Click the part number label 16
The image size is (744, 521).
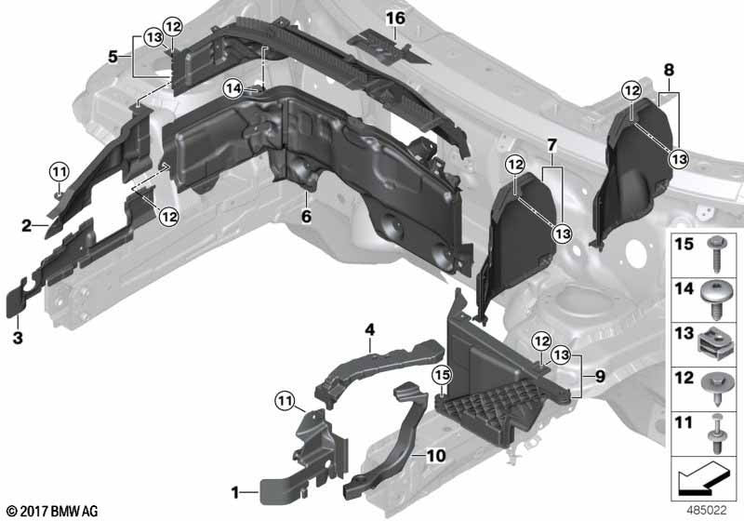point(395,19)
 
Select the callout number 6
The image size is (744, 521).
point(304,216)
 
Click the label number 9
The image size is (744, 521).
point(599,377)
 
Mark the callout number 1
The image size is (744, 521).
point(236,490)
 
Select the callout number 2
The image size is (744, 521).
point(27,225)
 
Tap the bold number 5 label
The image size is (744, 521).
point(113,56)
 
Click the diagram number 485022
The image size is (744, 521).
point(708,510)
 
